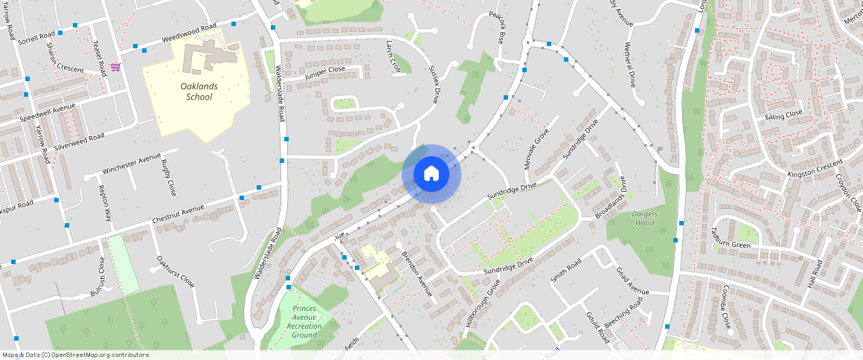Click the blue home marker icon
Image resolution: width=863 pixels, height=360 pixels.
tap(431, 174)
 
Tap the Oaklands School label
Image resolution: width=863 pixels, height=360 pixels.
tap(199, 91)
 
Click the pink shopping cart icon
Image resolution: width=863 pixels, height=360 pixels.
tap(115, 67)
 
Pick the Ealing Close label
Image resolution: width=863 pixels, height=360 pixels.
tap(784, 115)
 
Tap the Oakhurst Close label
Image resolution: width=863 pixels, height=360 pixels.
tap(176, 272)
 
